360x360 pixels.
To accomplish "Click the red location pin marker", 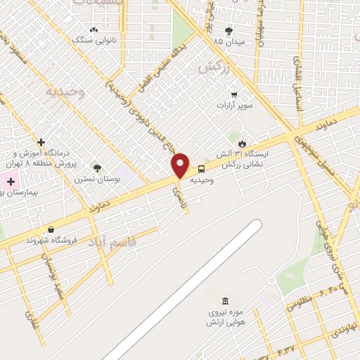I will [181, 165].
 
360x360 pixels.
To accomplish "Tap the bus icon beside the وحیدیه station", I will [202, 169].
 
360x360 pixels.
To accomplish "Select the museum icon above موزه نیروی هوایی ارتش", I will [224, 301].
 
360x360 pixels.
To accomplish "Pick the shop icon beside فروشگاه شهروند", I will [51, 229].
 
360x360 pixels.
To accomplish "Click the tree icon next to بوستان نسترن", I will [97, 169].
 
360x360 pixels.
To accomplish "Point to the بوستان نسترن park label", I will [98, 179].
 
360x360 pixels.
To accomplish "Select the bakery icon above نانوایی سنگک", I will [94, 30].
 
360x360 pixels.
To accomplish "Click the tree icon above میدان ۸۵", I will [229, 31].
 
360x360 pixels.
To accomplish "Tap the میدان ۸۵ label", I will [229, 41].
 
